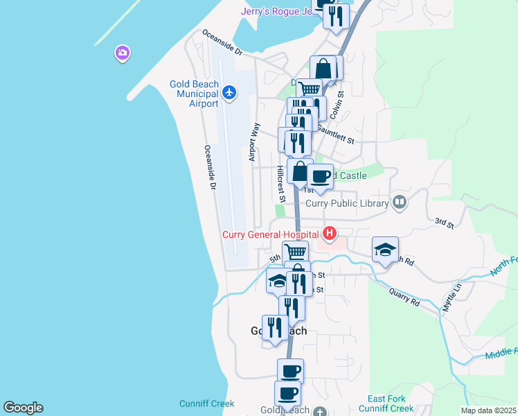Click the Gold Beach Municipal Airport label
pyautogui.click(x=194, y=94)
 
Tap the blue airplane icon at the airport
pyautogui.click(x=231, y=92)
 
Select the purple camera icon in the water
pyautogui.click(x=123, y=53)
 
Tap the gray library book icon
pyautogui.click(x=399, y=202)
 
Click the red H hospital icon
pyautogui.click(x=330, y=234)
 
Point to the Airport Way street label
pyautogui.click(x=255, y=143)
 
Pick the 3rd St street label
pyautogui.click(x=444, y=223)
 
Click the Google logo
pyautogui.click(x=23, y=408)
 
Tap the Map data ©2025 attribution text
pyautogui.click(x=488, y=410)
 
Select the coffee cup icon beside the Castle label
pyautogui.click(x=320, y=177)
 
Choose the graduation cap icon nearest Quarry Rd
pyautogui.click(x=386, y=251)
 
